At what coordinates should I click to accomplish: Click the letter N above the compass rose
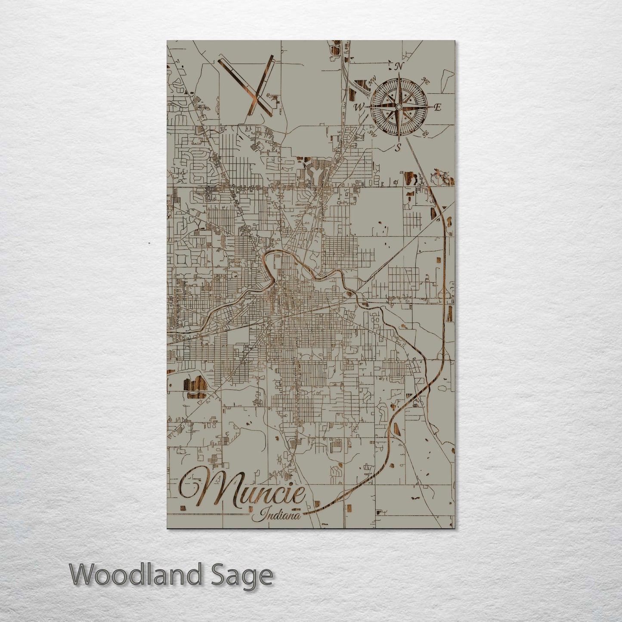(399, 66)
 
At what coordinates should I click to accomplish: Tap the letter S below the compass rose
(399, 148)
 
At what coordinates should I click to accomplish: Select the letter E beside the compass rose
(438, 108)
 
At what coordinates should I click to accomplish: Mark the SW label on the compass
(372, 133)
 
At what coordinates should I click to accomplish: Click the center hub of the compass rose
(399, 107)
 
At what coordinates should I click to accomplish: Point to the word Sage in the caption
(248, 575)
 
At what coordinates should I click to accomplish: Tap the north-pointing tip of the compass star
(399, 74)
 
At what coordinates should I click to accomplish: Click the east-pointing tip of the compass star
(432, 107)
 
